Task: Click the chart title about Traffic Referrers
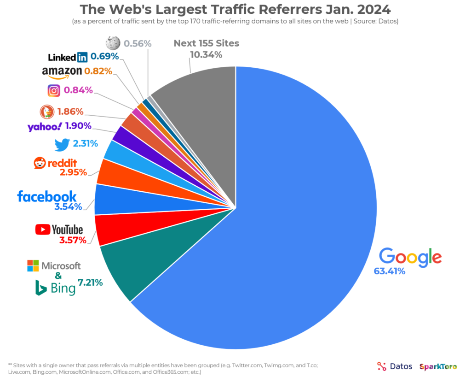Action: click(x=235, y=9)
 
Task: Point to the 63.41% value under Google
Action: click(x=389, y=271)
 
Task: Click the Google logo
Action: click(x=410, y=257)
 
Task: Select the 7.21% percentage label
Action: click(x=90, y=282)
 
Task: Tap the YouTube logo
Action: click(x=59, y=229)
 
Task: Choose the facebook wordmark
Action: click(x=47, y=196)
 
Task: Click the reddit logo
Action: click(x=55, y=163)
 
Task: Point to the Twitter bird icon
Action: click(x=62, y=144)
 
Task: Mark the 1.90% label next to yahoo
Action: click(x=78, y=126)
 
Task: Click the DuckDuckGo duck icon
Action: click(x=46, y=112)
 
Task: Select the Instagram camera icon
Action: click(x=54, y=90)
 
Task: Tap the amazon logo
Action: click(x=62, y=71)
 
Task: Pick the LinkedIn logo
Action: click(x=68, y=57)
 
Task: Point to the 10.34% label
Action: click(x=206, y=55)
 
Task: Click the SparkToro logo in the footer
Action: click(x=438, y=367)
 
